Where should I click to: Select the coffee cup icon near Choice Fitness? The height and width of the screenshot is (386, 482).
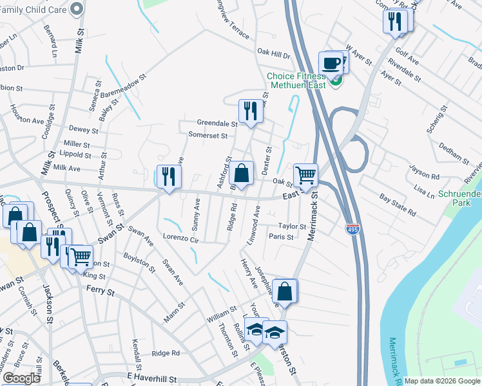tap(331, 64)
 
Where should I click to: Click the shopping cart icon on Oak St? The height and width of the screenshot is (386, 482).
tap(305, 174)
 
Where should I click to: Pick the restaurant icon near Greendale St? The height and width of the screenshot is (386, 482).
tap(249, 111)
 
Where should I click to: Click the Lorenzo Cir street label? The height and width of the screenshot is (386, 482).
tap(179, 237)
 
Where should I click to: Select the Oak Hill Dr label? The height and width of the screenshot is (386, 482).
tap(274, 54)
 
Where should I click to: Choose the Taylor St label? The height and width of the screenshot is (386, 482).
tap(291, 226)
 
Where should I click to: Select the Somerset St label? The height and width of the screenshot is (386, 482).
tap(208, 136)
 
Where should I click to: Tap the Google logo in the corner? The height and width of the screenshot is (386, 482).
tap(21, 378)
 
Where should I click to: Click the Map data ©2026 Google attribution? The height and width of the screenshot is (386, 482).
tap(442, 381)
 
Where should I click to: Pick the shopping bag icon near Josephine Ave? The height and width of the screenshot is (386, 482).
tap(284, 291)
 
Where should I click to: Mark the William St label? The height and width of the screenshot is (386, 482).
tap(222, 317)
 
